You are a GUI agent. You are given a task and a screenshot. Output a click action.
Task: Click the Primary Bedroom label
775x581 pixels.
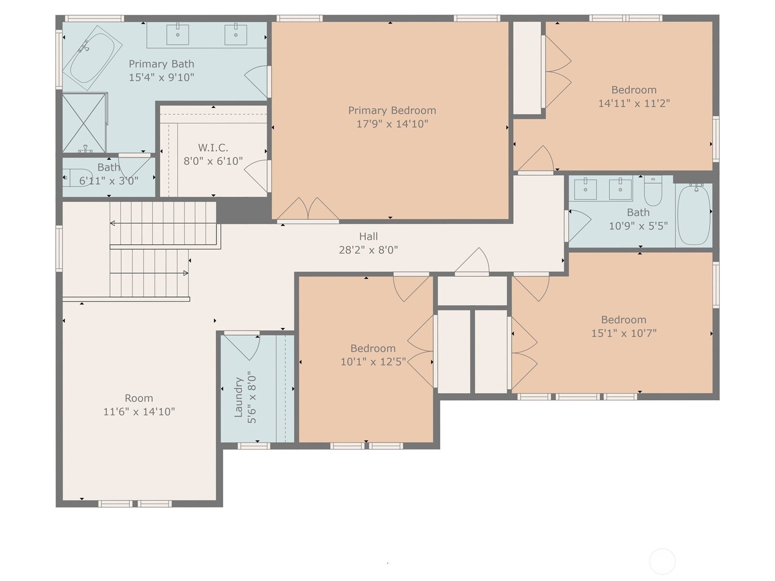point(392,111)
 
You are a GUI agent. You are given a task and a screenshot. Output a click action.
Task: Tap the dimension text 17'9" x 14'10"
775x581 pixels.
point(392,124)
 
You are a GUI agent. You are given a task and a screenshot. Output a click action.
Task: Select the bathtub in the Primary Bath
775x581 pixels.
point(93,58)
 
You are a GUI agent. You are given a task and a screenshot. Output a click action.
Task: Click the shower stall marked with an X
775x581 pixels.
point(84,122)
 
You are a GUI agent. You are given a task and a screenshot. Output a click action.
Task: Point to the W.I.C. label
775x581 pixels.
point(213,148)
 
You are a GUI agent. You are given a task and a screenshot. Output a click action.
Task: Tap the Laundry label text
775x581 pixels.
point(239,397)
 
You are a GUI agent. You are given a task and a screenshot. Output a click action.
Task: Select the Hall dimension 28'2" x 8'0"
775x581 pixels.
point(368,250)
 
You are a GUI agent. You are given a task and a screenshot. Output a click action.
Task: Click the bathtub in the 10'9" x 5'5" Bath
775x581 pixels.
point(694,215)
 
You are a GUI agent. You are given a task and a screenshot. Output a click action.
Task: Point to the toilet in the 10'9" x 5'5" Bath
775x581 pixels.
point(653,191)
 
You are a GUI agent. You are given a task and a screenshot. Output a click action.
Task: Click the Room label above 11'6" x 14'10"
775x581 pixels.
point(139,398)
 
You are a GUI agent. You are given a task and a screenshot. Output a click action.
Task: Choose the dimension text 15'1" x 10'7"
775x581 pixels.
point(624,333)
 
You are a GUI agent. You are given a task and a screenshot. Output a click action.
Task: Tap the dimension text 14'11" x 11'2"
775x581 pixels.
point(634,103)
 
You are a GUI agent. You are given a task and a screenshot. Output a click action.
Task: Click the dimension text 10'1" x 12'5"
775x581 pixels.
point(373,362)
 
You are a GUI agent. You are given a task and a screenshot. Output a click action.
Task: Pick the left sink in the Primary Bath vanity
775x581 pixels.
point(178,34)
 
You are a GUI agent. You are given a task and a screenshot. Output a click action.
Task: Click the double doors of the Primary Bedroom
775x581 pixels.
point(308,209)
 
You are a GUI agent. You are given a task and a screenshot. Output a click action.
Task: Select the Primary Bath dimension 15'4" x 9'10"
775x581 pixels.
point(161,77)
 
